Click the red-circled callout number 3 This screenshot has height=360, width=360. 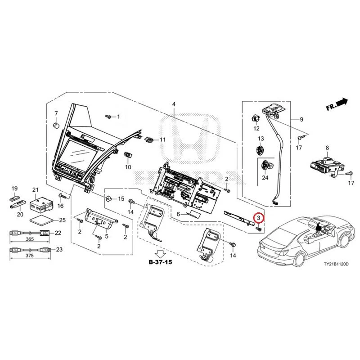259,218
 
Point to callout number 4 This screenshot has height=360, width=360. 174,104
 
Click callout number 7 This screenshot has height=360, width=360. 56,113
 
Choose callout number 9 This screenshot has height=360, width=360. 301,120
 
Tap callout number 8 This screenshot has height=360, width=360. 327,147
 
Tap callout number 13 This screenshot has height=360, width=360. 260,138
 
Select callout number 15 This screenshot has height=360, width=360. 121,198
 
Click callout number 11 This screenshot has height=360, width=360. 162,139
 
